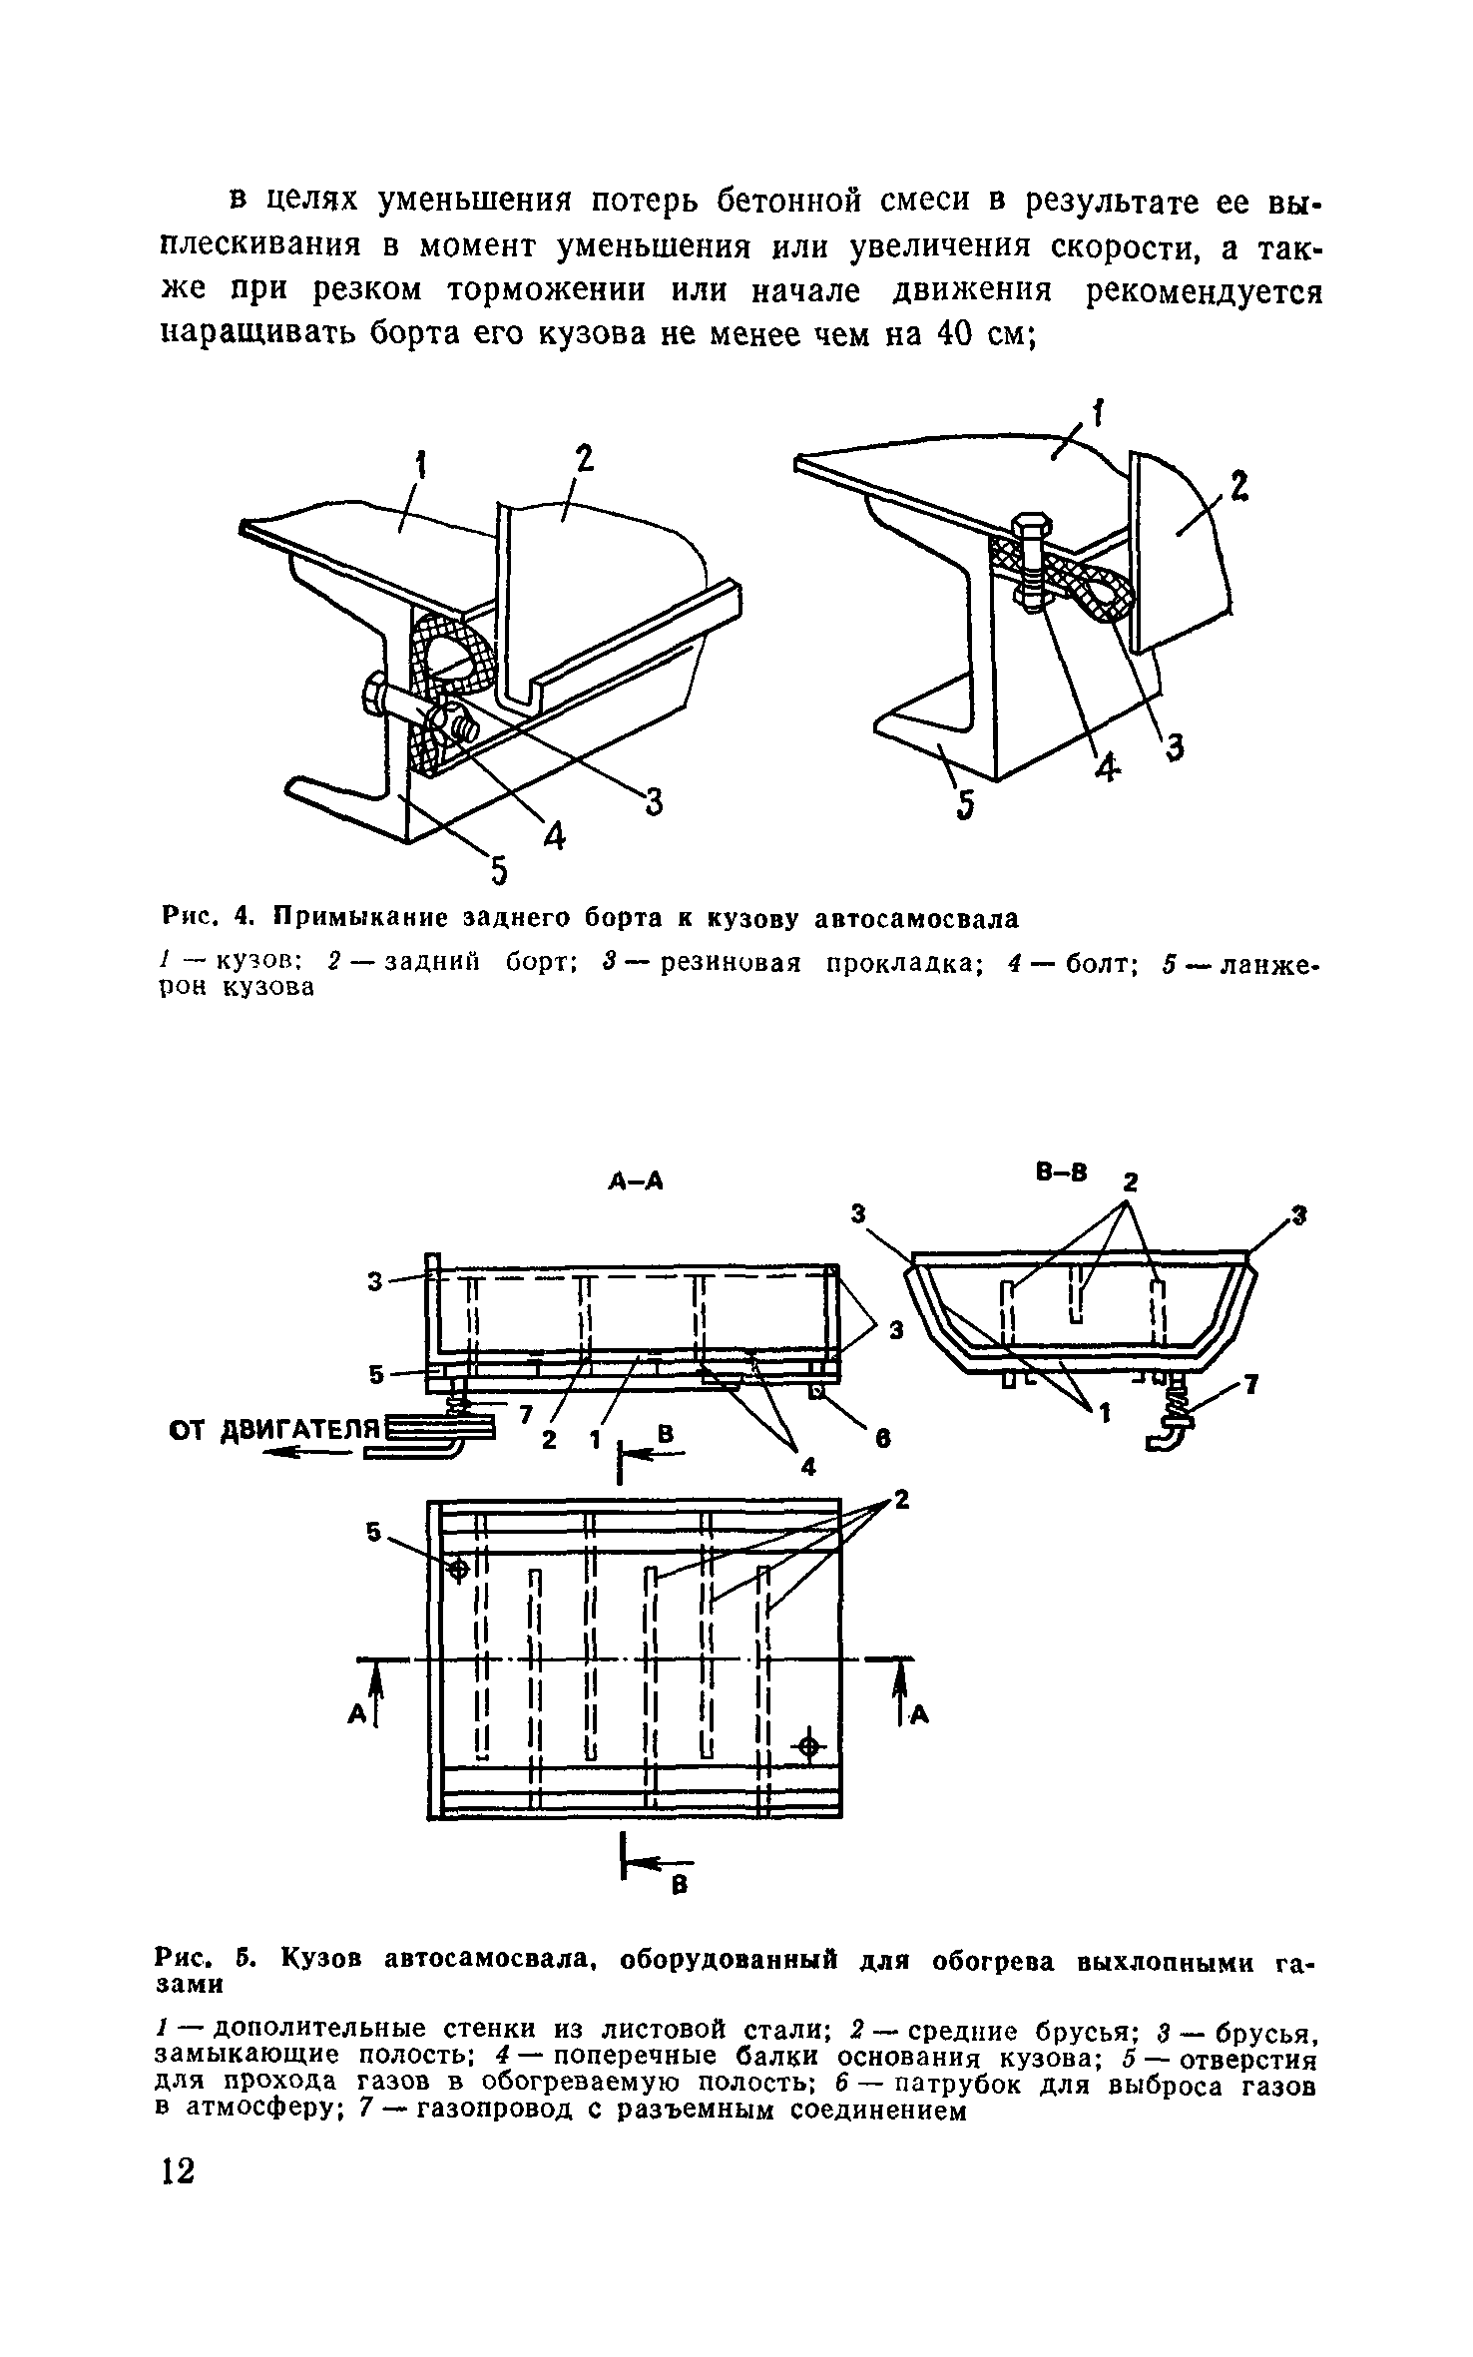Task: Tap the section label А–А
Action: click(636, 1181)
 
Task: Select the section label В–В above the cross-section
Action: click(1061, 1173)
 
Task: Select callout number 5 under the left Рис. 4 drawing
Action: click(497, 871)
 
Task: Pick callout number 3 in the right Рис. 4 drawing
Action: click(1176, 746)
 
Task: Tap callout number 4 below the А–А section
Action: click(806, 1468)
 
